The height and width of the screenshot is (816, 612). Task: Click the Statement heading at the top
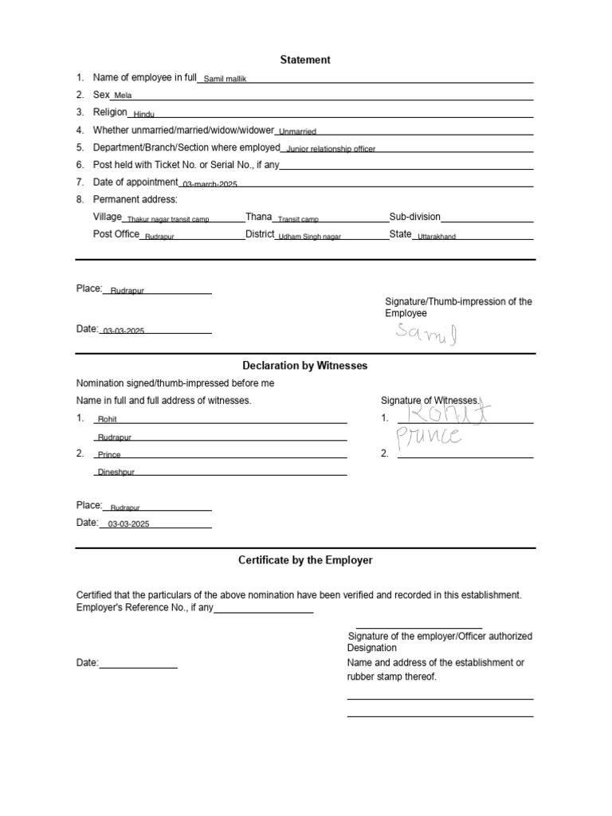(305, 60)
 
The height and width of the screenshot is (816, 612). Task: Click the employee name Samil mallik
(226, 80)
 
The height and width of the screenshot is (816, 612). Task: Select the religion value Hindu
(144, 115)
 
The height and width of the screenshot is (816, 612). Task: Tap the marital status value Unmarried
(298, 132)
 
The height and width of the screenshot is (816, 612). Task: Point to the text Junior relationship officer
(331, 150)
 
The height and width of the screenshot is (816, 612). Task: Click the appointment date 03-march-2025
(210, 184)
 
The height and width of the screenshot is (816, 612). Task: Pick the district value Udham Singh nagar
(309, 237)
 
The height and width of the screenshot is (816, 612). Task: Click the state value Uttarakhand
(437, 237)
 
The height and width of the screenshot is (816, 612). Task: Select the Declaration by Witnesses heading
(305, 365)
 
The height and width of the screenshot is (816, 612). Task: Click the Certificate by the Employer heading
(305, 560)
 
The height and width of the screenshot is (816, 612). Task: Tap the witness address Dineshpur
(116, 473)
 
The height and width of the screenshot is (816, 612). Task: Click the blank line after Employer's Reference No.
(264, 611)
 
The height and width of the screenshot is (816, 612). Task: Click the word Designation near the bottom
(372, 649)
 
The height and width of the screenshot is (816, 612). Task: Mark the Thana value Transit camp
(298, 219)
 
